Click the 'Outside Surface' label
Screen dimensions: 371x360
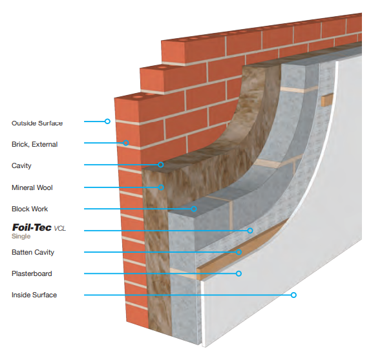pyautogui.click(x=37, y=123)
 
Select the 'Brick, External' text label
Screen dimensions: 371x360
pyautogui.click(x=34, y=144)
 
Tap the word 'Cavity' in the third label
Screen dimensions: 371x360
pyautogui.click(x=21, y=165)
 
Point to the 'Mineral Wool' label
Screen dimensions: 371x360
pyautogui.click(x=32, y=187)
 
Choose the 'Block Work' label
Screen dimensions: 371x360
pyautogui.click(x=30, y=209)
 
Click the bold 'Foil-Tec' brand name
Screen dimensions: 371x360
pyautogui.click(x=32, y=228)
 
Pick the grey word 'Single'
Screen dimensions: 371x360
pyautogui.click(x=21, y=237)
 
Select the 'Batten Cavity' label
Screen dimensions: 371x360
pyautogui.click(x=33, y=252)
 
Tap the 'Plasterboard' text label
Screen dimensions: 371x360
pyautogui.click(x=32, y=273)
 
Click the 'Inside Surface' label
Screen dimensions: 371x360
pyautogui.click(x=34, y=295)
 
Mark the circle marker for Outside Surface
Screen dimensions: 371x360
pyautogui.click(x=107, y=122)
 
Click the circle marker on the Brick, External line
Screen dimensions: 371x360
pyautogui.click(x=126, y=143)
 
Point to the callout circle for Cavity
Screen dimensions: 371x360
pyautogui.click(x=161, y=165)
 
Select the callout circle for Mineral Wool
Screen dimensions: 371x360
pyautogui.click(x=161, y=187)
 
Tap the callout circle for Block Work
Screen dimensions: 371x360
pyautogui.click(x=194, y=209)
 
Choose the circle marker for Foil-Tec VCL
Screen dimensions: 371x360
pyautogui.click(x=250, y=231)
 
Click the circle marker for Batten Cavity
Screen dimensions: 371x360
pyautogui.click(x=238, y=252)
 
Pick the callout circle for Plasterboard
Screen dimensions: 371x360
pyautogui.click(x=238, y=273)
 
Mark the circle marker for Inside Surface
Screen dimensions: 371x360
pyautogui.click(x=293, y=295)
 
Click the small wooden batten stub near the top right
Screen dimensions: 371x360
pyautogui.click(x=327, y=100)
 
